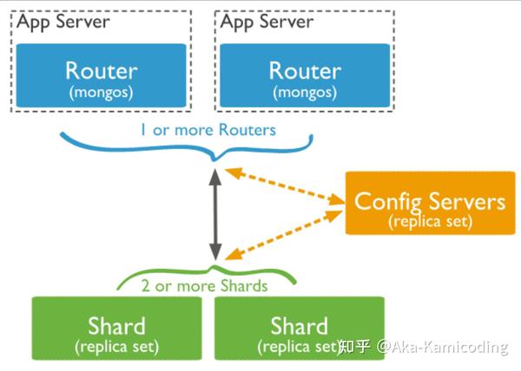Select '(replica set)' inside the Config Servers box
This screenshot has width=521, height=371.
(x=429, y=222)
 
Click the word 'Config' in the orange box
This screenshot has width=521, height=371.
(x=387, y=202)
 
